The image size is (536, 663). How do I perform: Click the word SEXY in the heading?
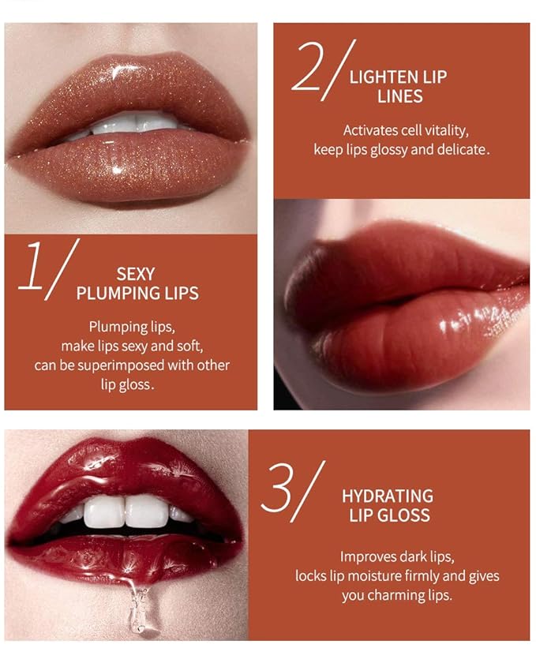(136, 275)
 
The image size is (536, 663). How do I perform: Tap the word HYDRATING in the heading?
(387, 496)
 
